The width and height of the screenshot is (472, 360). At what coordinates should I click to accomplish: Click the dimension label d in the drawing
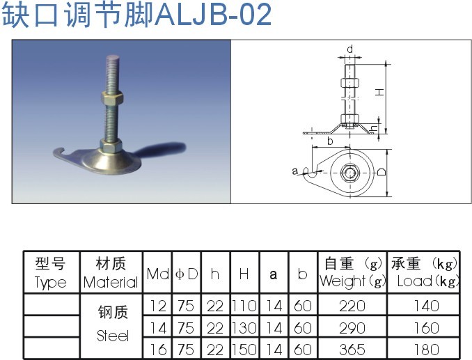point(349,49)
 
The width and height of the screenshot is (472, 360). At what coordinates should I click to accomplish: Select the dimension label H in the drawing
point(380,93)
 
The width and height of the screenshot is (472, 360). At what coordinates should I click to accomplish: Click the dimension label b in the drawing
point(329,141)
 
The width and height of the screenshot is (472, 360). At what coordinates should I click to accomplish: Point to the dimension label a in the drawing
point(295,171)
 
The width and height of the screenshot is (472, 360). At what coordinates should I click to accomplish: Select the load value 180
point(425,349)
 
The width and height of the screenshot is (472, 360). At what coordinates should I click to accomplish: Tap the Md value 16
point(157,349)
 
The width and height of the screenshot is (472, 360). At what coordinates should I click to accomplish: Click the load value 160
point(425,327)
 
